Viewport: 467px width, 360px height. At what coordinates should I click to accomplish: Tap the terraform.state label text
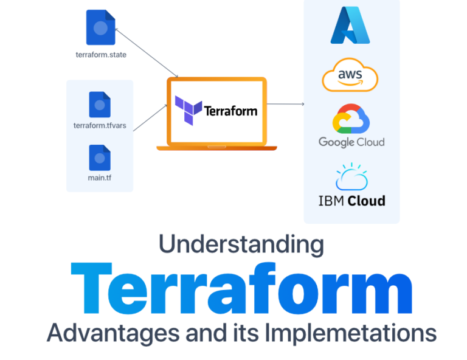coord(100,55)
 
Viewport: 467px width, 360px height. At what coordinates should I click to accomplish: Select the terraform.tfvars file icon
coord(100,105)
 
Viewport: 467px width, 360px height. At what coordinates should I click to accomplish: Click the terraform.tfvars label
coord(99,126)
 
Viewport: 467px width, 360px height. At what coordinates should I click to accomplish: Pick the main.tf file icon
coord(99,157)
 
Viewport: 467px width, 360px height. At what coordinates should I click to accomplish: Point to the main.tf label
coord(99,178)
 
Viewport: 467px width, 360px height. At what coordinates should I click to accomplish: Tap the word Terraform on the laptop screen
coord(230,111)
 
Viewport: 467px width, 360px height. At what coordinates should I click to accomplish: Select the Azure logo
coord(350,25)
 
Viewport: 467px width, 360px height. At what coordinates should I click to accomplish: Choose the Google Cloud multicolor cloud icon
coord(351,119)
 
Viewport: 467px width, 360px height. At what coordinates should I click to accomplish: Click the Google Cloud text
coord(351,142)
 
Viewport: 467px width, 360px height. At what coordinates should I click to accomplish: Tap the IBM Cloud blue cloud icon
coord(351,177)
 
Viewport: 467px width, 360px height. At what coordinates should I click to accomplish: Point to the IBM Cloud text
coord(351,200)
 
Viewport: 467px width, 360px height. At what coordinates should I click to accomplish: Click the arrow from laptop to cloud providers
coord(286,104)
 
